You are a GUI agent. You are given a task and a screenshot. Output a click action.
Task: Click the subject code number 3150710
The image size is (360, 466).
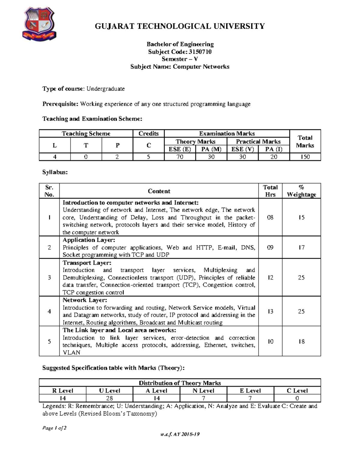click(200, 52)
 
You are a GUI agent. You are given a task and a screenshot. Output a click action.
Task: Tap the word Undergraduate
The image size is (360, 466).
click(106, 89)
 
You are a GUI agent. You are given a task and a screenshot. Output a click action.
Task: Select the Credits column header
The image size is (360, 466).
click(148, 134)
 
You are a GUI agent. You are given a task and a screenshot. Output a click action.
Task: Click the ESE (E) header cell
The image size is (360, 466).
click(180, 149)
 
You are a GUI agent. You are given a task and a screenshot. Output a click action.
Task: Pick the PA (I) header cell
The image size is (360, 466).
click(274, 149)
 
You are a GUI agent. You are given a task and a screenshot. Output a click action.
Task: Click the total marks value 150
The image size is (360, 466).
click(305, 157)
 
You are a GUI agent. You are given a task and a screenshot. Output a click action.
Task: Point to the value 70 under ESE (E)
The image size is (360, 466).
click(180, 157)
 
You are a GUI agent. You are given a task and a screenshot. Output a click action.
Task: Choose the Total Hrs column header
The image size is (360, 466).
click(270, 191)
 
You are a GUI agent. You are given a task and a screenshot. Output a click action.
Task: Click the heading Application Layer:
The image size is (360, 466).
click(89, 240)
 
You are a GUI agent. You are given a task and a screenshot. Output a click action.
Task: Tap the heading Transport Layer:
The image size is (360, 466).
click(87, 263)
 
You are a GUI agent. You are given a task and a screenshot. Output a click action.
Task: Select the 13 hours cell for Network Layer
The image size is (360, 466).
click(270, 311)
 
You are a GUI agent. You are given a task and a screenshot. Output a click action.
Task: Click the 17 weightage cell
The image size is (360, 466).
click(301, 248)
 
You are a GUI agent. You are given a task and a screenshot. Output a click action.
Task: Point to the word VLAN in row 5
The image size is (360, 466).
click(71, 353)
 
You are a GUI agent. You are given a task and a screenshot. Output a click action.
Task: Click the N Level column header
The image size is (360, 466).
click(203, 391)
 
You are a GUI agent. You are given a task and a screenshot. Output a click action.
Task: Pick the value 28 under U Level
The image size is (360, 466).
click(109, 398)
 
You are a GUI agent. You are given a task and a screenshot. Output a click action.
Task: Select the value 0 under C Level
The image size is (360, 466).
click(297, 398)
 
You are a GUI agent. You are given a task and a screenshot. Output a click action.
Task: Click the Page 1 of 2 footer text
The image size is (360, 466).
click(54, 428)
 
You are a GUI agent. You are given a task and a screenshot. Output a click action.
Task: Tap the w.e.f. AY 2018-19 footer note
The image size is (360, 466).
click(180, 434)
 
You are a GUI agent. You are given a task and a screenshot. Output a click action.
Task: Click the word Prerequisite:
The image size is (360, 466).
click(60, 104)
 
